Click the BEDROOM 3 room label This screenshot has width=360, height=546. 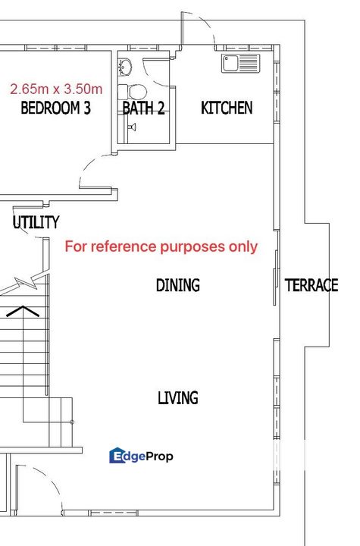(x=55, y=108)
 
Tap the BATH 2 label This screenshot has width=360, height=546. (x=143, y=108)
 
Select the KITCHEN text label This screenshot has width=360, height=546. (x=227, y=108)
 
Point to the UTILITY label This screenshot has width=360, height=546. (x=36, y=222)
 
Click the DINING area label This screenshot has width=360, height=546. (x=178, y=285)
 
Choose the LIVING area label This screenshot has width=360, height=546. (x=178, y=397)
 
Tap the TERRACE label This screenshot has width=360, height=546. (x=311, y=285)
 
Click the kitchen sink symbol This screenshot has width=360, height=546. (x=240, y=64)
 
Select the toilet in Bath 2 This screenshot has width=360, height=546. (x=137, y=89)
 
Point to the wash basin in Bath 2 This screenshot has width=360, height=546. (x=126, y=67)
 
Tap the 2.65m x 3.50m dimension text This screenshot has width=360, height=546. (x=56, y=88)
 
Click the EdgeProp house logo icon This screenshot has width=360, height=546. (x=117, y=456)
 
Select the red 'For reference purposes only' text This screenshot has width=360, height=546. (x=161, y=246)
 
